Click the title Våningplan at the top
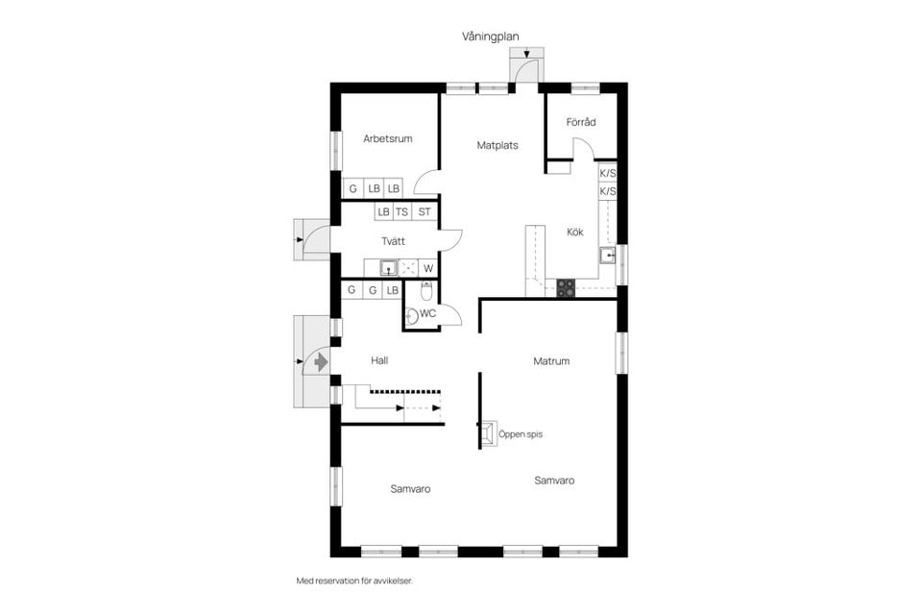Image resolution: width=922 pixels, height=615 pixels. [x=490, y=37]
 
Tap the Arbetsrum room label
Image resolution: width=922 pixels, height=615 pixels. [x=388, y=139]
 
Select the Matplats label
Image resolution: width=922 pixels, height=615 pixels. [x=497, y=146]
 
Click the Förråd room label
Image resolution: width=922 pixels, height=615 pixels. [x=581, y=122]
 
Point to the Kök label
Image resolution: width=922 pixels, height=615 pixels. [x=575, y=232]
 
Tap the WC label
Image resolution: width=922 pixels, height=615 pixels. [x=428, y=313]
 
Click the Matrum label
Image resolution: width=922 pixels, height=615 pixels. [x=552, y=361]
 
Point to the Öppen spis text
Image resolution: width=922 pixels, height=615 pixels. [x=521, y=434]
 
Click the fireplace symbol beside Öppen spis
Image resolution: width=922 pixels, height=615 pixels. [x=489, y=434]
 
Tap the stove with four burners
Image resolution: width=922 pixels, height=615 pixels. [x=566, y=285]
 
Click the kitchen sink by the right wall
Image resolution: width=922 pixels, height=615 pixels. [x=607, y=255]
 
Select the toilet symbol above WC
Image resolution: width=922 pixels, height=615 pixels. [x=427, y=291]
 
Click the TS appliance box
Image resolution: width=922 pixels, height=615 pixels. [x=402, y=211]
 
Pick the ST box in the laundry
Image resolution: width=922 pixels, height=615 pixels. [x=424, y=211]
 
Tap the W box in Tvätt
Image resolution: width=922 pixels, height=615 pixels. [x=428, y=268]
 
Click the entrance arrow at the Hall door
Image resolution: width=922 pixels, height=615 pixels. [x=319, y=361]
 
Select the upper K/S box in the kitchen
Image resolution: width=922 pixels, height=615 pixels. [x=607, y=174]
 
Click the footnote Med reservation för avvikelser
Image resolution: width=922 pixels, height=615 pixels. [x=360, y=581]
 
